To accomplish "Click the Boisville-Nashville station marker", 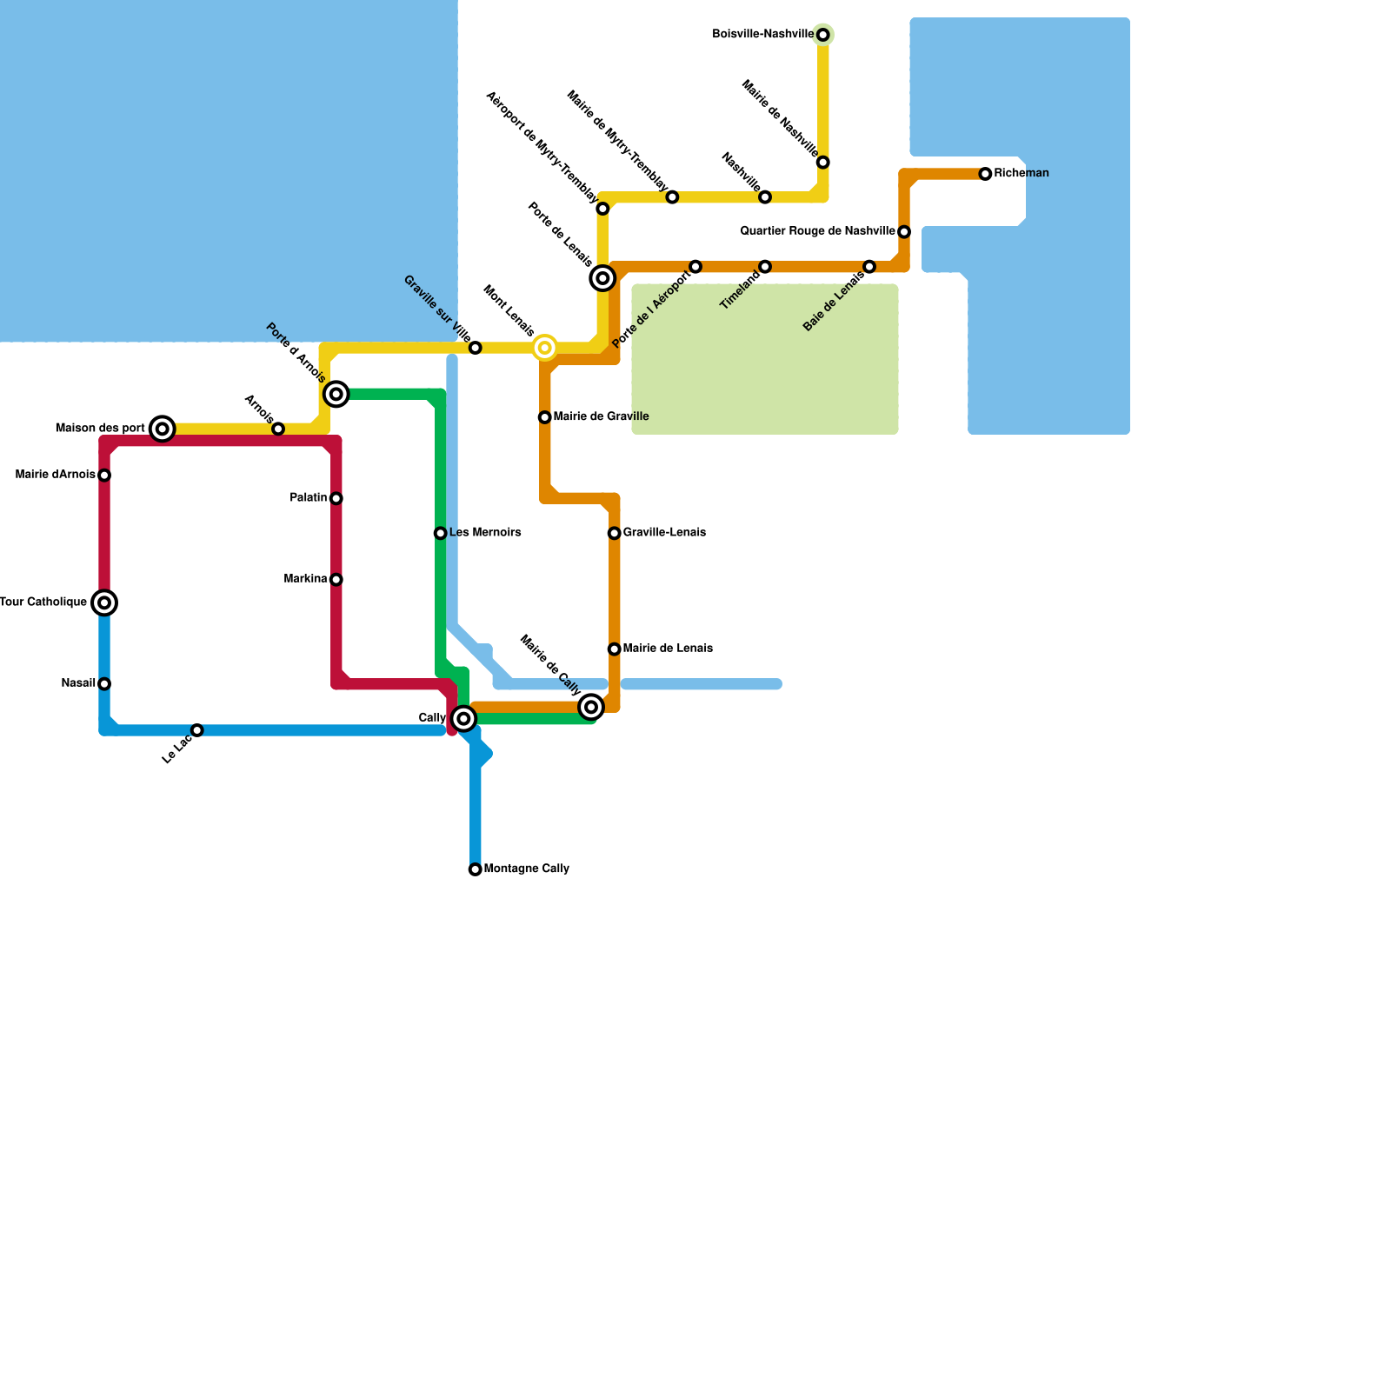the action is point(822,35).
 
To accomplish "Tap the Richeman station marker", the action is point(985,174).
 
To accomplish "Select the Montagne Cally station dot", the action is point(475,869).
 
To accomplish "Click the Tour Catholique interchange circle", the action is point(104,602).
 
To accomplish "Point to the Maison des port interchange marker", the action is point(162,429).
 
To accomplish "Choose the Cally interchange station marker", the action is point(463,719).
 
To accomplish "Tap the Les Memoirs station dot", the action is point(440,533).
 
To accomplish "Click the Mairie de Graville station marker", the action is point(544,417).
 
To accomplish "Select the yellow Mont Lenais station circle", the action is point(544,348).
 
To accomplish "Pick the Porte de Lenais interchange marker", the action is point(602,278).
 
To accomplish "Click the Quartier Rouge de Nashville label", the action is point(817,231).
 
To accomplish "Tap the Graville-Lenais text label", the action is point(664,533).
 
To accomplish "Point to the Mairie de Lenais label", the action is point(668,649).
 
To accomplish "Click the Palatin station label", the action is point(308,498).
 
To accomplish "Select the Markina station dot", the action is point(336,580).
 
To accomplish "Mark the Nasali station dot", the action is point(104,684).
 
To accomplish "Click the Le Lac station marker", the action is point(196,730).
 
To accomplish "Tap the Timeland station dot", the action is point(764,266).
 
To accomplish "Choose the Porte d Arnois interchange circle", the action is point(336,394).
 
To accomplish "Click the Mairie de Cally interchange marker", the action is point(591,707).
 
